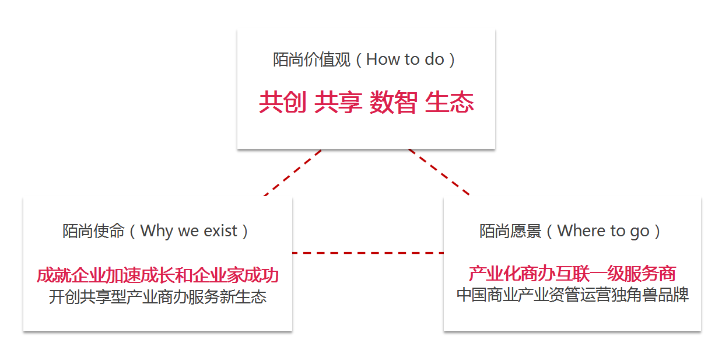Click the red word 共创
(283, 102)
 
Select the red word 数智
(393, 102)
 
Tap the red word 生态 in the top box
(449, 102)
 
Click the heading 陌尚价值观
(311, 60)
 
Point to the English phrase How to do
(405, 60)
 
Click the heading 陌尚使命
(93, 231)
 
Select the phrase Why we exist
(188, 231)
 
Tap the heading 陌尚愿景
(510, 231)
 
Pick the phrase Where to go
(603, 232)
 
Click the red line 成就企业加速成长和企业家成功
(157, 275)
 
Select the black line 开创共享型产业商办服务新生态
(157, 297)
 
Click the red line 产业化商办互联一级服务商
(572, 274)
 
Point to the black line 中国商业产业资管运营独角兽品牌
(573, 295)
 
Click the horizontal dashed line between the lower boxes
(368, 253)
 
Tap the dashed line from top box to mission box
(293, 173)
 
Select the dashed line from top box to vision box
(439, 172)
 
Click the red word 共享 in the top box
(338, 102)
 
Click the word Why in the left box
(157, 232)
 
